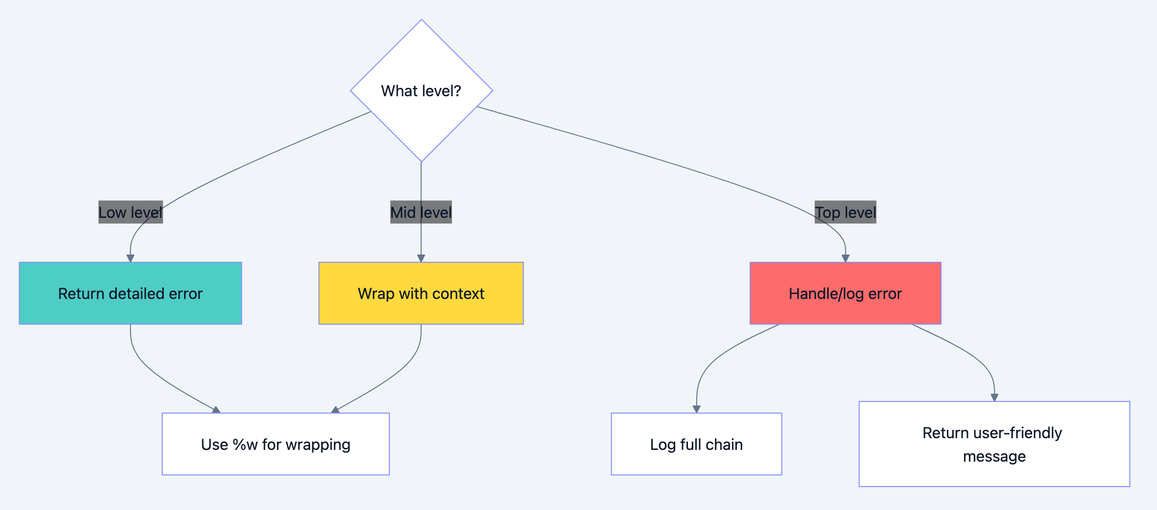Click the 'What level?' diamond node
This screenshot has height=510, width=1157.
[x=421, y=91]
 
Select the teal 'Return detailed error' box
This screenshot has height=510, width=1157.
[x=130, y=293]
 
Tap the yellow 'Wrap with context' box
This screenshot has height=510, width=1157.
[x=421, y=293]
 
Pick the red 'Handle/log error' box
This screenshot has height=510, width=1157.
[x=845, y=293]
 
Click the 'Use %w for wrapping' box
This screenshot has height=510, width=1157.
[x=276, y=444]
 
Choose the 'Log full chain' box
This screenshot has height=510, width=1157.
[x=696, y=444]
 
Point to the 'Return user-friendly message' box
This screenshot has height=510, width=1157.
[x=994, y=444]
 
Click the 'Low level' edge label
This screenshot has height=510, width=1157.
[x=130, y=212]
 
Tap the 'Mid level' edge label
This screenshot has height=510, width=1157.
[x=421, y=212]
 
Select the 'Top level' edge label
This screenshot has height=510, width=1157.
[x=845, y=212]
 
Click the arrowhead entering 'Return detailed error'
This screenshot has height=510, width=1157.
[x=130, y=258]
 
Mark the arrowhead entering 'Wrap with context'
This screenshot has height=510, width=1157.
[x=421, y=258]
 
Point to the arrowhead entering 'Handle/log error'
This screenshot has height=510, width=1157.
[x=845, y=258]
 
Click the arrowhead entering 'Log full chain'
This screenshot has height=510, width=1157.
[x=697, y=409]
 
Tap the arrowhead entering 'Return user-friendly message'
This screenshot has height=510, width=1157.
[x=994, y=398]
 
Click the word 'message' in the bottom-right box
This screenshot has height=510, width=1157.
[x=994, y=456]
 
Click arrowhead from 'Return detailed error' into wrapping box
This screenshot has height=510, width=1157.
[x=216, y=410]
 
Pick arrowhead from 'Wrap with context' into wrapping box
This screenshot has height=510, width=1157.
[x=335, y=410]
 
